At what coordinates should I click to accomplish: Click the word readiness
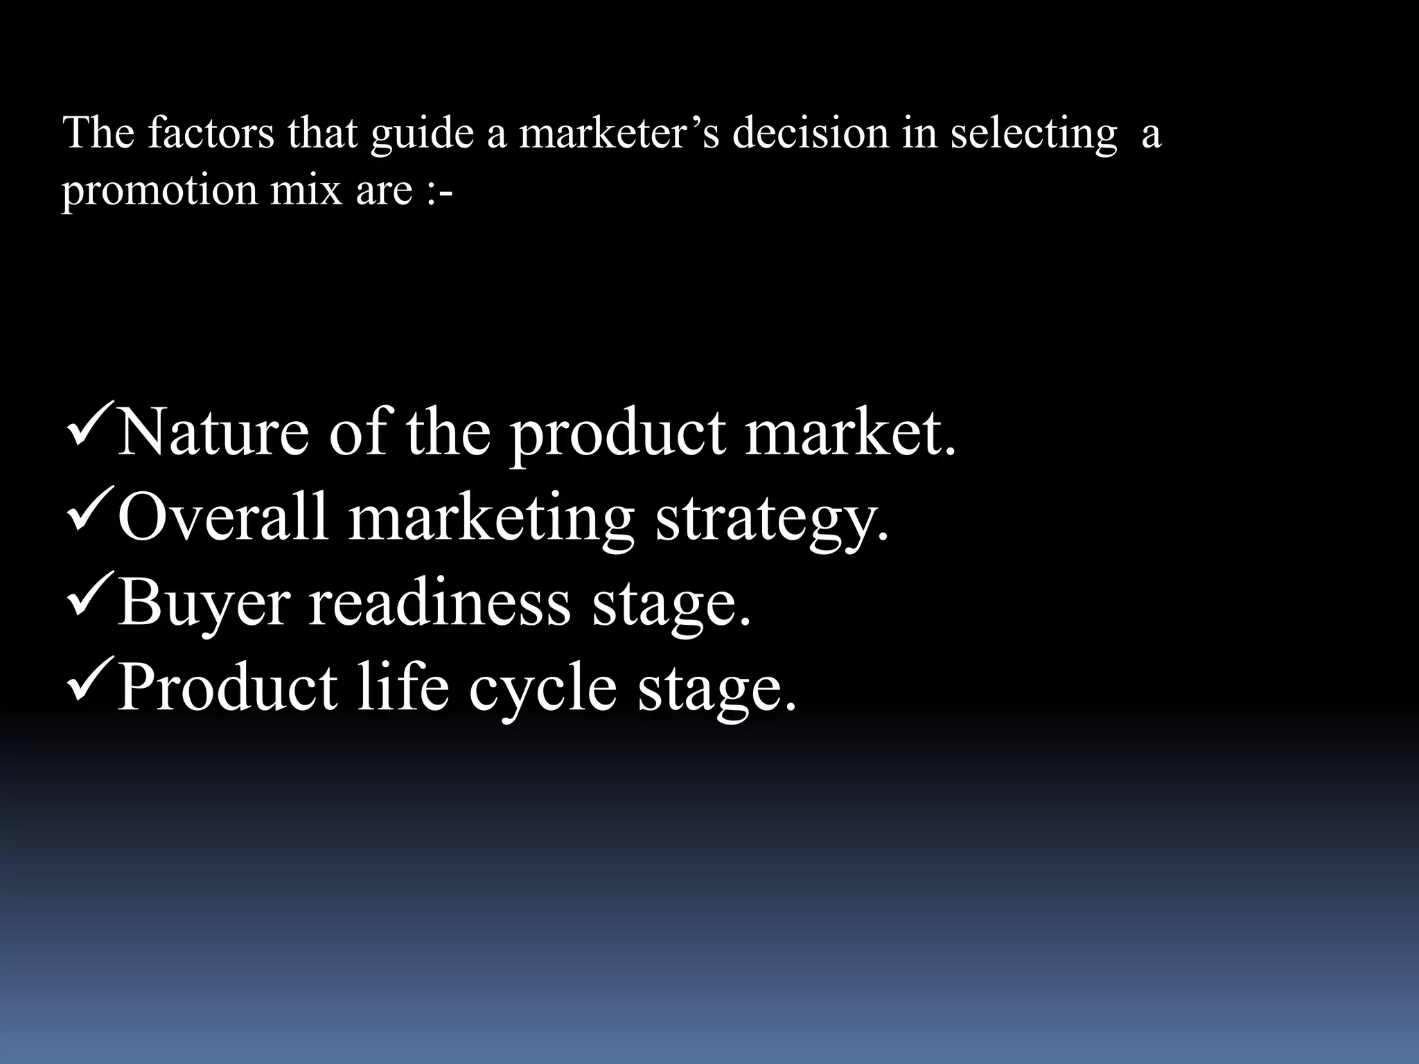point(439,603)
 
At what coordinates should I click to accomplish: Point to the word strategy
point(772,520)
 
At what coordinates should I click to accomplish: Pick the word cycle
point(543,689)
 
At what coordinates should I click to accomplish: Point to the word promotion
point(159,190)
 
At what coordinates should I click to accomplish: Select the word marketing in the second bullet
point(491,520)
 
